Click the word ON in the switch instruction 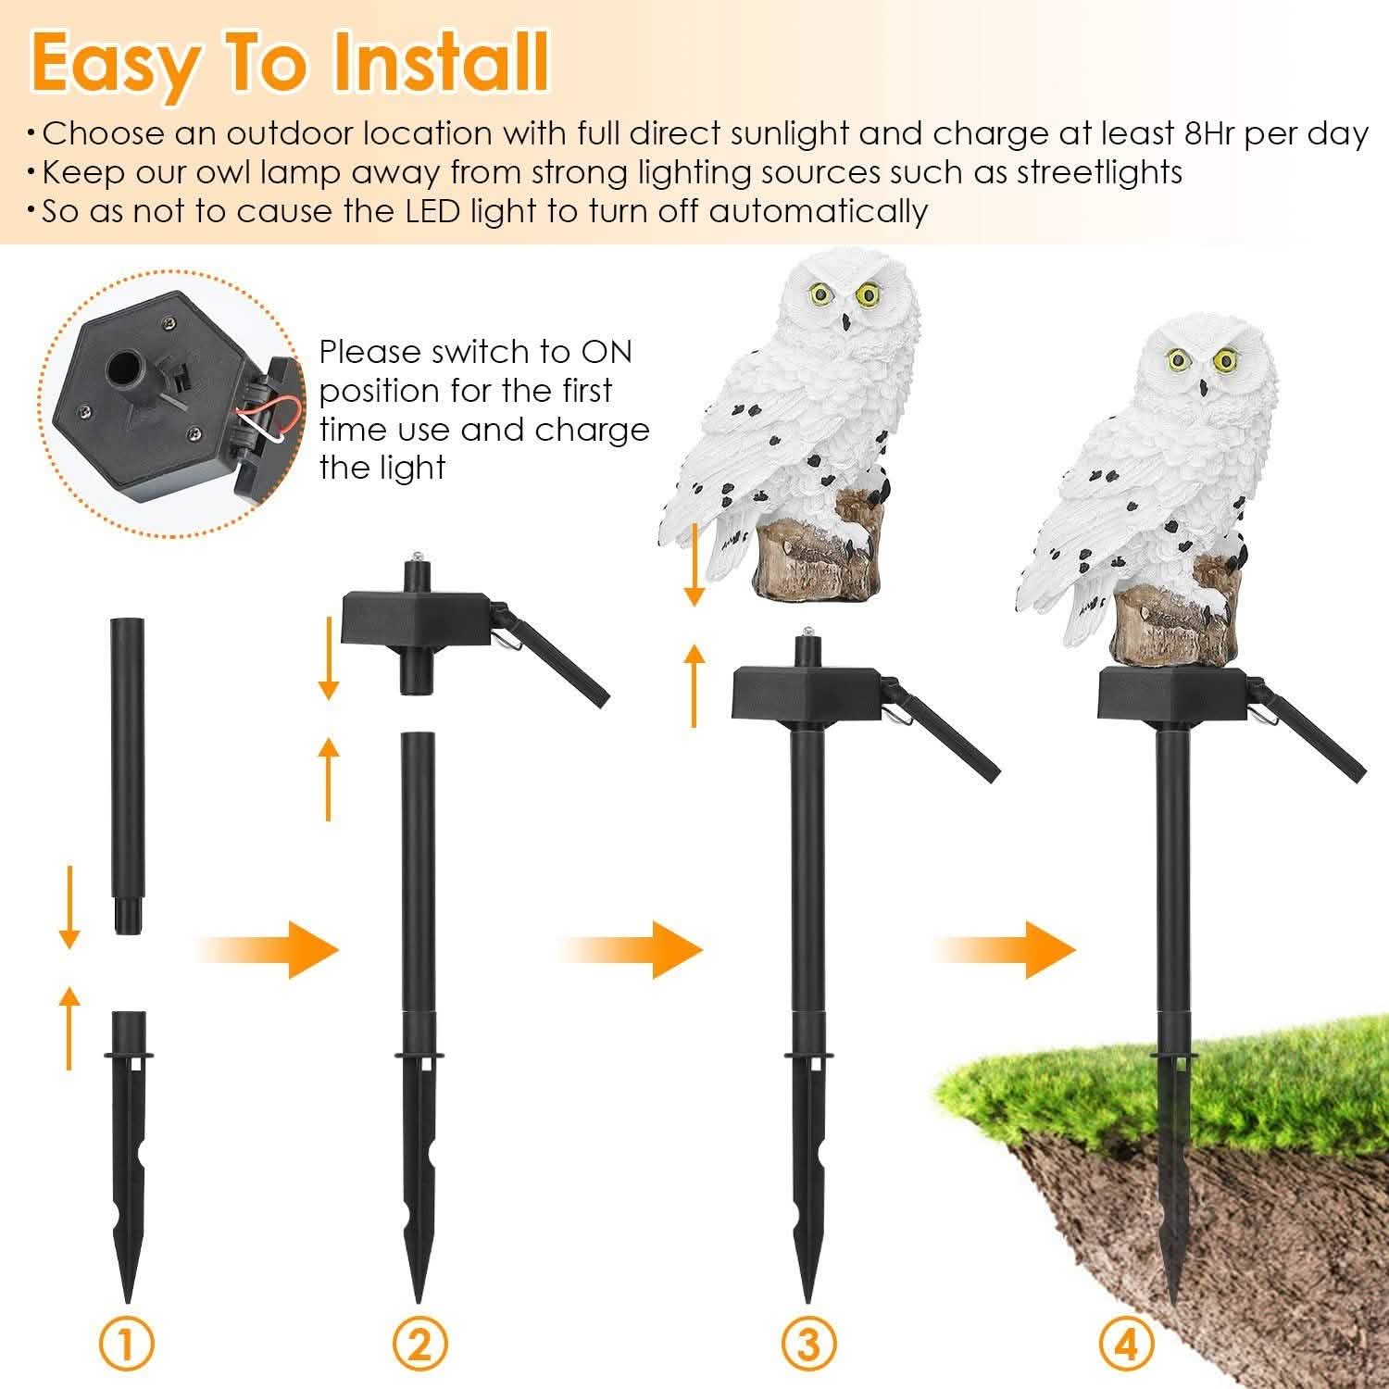pyautogui.click(x=606, y=352)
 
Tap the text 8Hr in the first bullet pyautogui.click(x=1210, y=134)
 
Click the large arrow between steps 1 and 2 pyautogui.click(x=269, y=949)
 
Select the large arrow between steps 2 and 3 pyautogui.click(x=632, y=949)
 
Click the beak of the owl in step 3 pyautogui.click(x=846, y=322)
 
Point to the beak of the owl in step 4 pyautogui.click(x=1206, y=386)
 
